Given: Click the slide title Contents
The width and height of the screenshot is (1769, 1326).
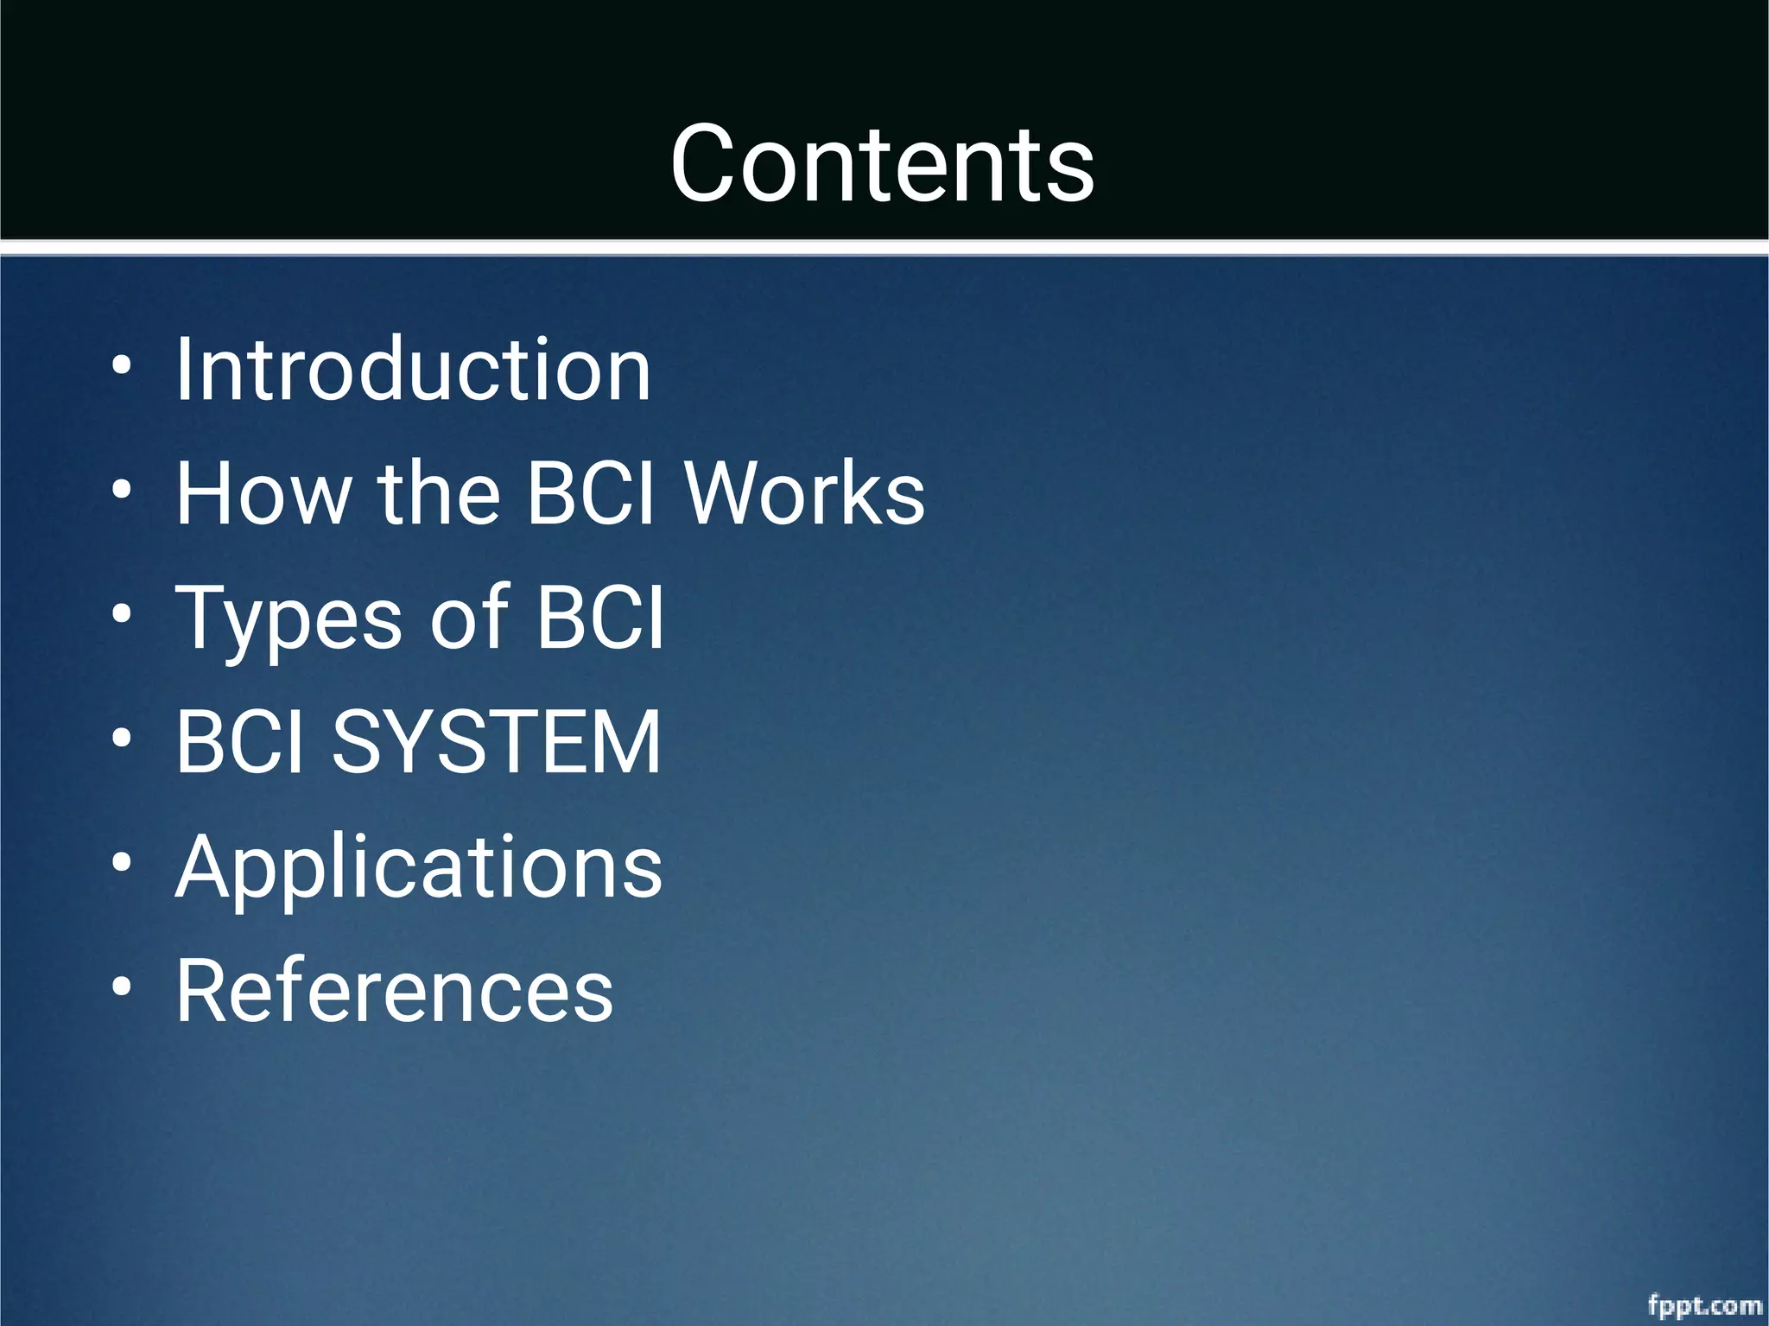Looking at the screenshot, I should click(x=882, y=164).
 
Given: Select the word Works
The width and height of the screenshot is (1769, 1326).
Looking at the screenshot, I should click(x=804, y=493).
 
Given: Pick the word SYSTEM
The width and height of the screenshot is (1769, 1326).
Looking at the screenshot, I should click(x=497, y=742).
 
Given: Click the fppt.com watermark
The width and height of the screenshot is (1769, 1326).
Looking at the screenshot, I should click(x=1704, y=1304).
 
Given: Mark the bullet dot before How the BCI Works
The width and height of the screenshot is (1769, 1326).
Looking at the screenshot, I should click(x=122, y=490).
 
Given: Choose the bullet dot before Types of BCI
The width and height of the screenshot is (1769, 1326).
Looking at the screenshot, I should click(x=122, y=614).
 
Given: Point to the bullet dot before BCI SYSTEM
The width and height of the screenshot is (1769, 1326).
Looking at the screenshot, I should click(x=122, y=739).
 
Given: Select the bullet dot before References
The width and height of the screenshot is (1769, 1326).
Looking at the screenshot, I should click(x=122, y=987).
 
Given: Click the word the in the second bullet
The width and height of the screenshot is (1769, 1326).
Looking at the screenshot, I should click(x=439, y=493).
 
